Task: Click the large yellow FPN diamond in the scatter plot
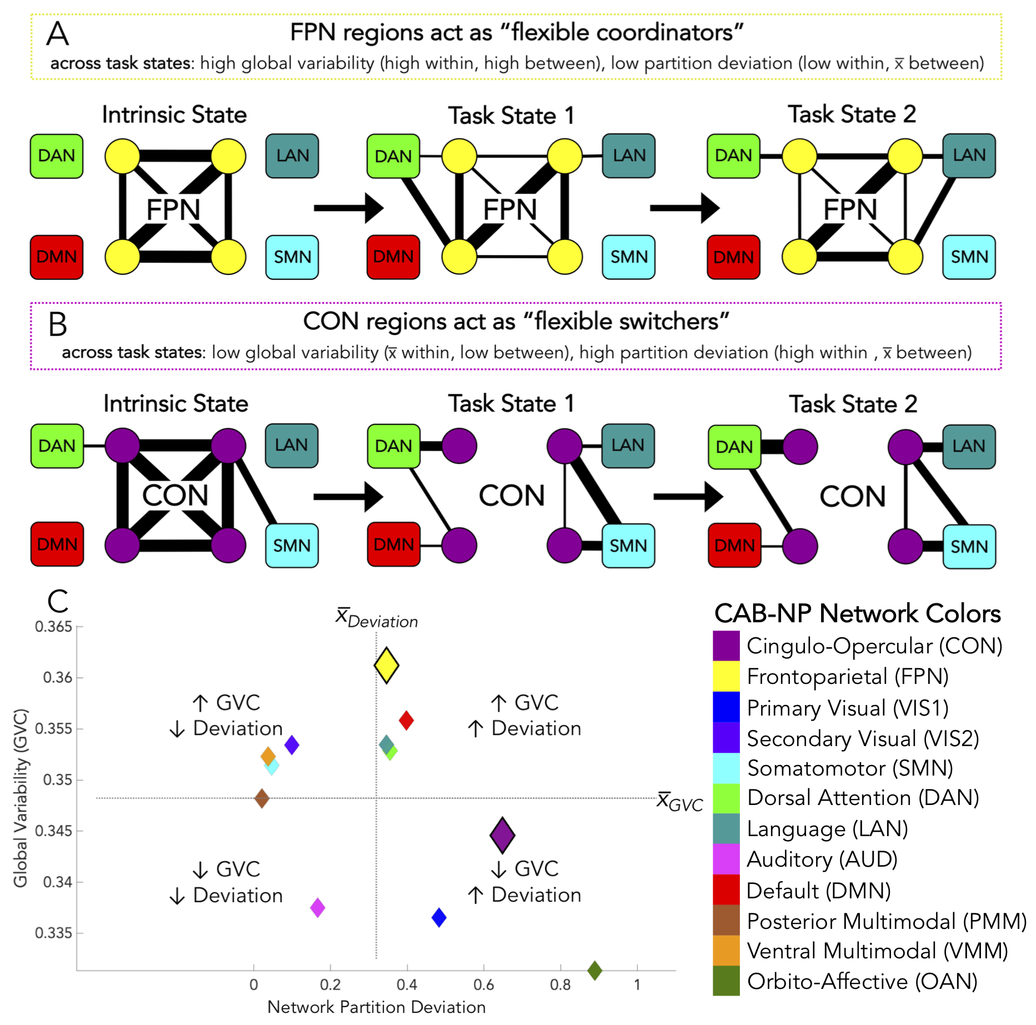[387, 665]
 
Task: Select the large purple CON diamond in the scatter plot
[502, 835]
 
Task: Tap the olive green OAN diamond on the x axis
[595, 971]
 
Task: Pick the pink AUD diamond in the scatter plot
[317, 908]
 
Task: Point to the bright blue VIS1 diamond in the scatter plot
[439, 917]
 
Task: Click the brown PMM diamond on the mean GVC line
[262, 799]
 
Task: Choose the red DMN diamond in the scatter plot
[406, 721]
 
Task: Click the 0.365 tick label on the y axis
[53, 627]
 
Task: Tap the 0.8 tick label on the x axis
[560, 985]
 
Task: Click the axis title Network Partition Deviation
[376, 1007]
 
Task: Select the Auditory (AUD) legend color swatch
[726, 859]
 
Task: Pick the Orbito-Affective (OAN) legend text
[862, 982]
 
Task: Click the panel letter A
[58, 34]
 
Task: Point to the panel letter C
[58, 602]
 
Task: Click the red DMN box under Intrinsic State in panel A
[57, 257]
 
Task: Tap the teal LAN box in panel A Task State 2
[969, 156]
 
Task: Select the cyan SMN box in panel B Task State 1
[628, 546]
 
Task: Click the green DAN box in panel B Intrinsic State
[57, 446]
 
